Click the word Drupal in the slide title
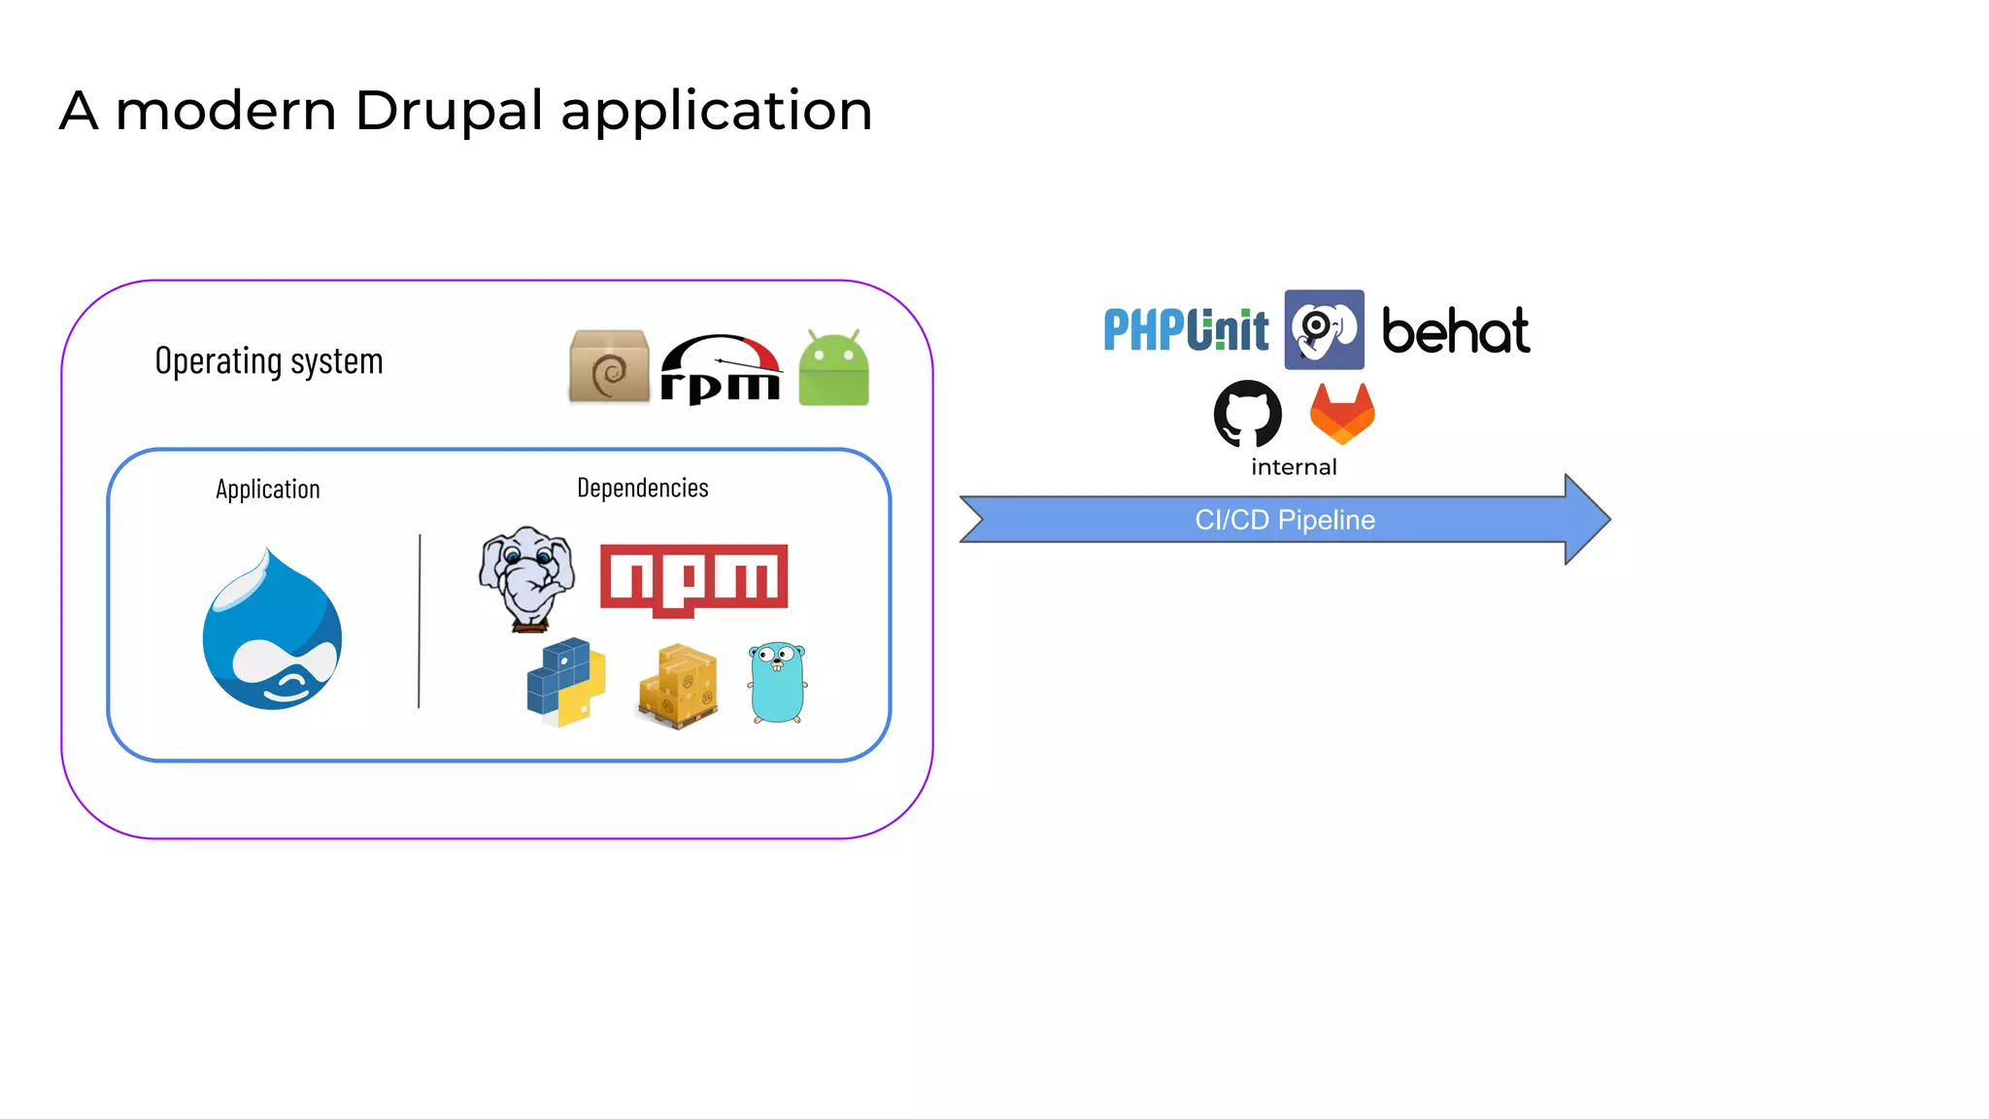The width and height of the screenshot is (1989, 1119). tap(449, 111)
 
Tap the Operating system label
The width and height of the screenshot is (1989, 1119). tap(269, 361)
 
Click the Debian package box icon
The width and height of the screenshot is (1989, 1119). tap(609, 366)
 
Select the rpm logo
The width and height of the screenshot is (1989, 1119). tap(721, 369)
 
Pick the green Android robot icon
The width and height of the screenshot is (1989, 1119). tap(833, 368)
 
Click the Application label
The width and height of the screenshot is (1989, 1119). tap(268, 490)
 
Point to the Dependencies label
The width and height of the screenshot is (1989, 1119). tap(642, 488)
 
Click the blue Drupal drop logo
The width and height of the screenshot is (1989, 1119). tap(272, 631)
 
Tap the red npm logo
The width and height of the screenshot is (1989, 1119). tap(693, 579)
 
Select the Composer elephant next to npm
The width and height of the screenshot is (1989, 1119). tap(526, 578)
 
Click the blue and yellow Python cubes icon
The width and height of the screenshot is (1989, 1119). tap(566, 682)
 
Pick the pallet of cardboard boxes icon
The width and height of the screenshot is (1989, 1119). tap(679, 686)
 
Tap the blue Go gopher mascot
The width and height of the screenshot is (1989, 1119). tap(777, 683)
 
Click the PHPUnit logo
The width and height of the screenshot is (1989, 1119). tap(1186, 330)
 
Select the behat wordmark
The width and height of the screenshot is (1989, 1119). tap(1455, 332)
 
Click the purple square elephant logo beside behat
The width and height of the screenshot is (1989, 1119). tap(1324, 330)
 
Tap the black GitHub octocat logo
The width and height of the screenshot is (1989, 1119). tap(1248, 414)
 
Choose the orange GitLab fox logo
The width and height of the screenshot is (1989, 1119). tap(1342, 414)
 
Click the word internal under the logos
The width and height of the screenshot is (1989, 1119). tap(1294, 467)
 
